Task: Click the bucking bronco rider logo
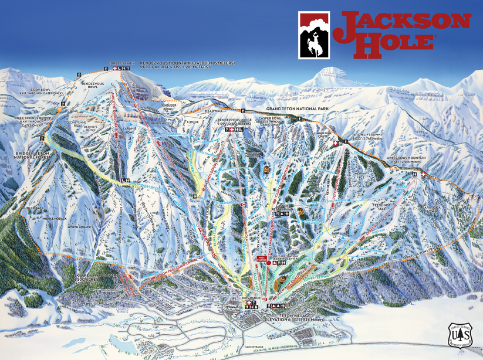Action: coord(314,37)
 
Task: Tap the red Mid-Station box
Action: coord(261,259)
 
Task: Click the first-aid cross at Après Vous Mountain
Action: coord(423,174)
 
